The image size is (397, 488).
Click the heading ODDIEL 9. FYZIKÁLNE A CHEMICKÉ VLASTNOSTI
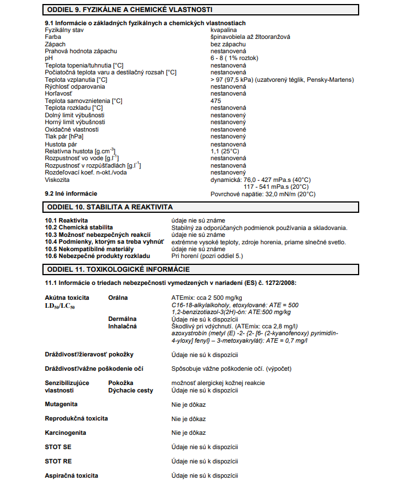(x=131, y=10)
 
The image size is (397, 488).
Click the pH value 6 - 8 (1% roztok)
(x=235, y=58)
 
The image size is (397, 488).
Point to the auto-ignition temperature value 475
(x=216, y=101)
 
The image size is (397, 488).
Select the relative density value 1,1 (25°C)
(x=229, y=151)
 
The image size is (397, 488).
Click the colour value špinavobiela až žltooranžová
(x=250, y=37)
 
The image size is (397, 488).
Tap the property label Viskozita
(x=58, y=180)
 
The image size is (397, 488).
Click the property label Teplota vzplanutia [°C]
(x=76, y=80)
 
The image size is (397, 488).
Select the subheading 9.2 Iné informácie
(x=71, y=194)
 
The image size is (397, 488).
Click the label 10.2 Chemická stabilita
(x=79, y=228)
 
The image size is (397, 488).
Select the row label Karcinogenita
(x=66, y=433)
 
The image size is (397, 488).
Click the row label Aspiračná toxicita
(x=72, y=475)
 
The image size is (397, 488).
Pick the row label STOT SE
(x=58, y=447)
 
